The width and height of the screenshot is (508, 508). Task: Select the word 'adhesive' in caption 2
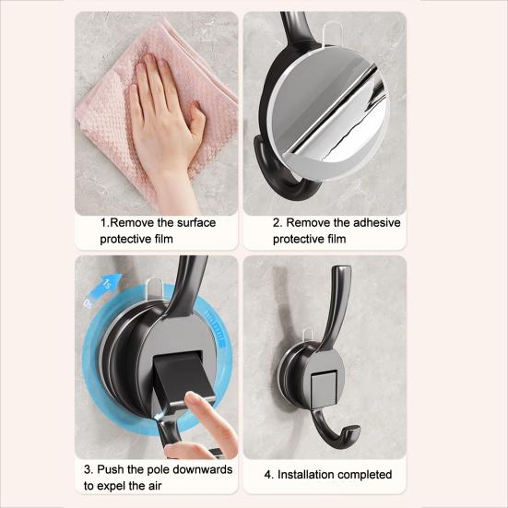coord(377,222)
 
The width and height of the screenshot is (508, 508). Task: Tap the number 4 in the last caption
coord(267,475)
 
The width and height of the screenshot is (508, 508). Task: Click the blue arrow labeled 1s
coord(106,285)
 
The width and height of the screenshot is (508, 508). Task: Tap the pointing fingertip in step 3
coord(191,398)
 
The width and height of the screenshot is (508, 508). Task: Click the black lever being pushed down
coord(182,377)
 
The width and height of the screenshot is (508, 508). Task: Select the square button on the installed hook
coord(324,388)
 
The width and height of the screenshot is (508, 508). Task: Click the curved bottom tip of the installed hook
coord(355,430)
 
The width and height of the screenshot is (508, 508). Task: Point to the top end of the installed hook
coord(342,269)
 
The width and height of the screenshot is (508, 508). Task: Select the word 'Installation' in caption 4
coord(303,475)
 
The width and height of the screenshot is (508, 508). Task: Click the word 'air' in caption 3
coord(155,486)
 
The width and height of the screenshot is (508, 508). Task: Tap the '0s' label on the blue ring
coord(88,304)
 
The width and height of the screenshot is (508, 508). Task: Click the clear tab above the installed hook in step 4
coord(308,336)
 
